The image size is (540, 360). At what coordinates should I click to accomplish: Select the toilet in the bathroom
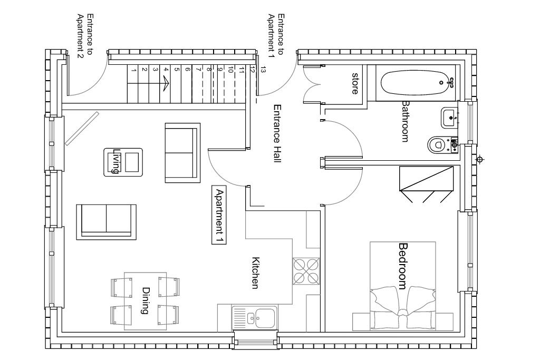coord(442,144)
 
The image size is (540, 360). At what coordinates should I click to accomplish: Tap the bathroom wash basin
coord(449,118)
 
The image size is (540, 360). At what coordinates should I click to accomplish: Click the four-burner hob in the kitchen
coord(306,271)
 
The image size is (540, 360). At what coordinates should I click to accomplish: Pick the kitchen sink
coord(255,318)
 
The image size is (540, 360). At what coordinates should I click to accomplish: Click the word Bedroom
coord(402,266)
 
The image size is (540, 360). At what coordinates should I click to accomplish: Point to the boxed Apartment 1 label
coord(219,216)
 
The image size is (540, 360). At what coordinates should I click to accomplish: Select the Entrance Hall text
coord(277,133)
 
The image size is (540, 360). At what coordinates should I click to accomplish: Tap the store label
coord(355,83)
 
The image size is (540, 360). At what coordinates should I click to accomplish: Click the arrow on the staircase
coord(166,83)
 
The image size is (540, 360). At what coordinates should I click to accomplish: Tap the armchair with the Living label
coord(123,162)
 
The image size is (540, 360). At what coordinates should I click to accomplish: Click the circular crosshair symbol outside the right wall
coord(480,160)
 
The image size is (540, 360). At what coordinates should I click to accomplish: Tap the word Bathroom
coord(406,121)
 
